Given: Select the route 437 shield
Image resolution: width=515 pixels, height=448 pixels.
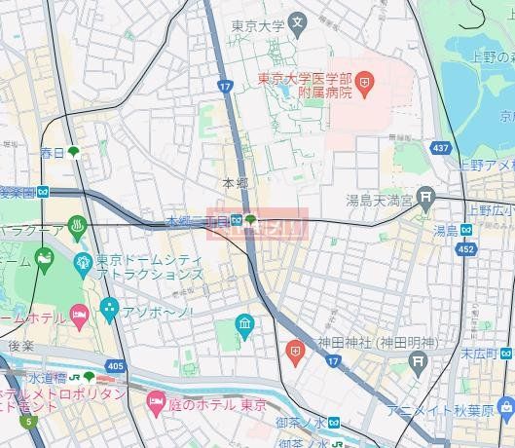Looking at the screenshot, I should click(x=441, y=149).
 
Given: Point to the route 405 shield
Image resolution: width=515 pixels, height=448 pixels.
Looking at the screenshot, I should click(x=116, y=366).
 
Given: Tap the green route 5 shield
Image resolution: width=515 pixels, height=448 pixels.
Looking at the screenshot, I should click(x=29, y=422).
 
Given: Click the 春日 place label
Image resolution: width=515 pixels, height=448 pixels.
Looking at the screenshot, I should click(x=52, y=153).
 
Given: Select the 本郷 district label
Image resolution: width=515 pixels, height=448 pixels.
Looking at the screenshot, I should click(x=236, y=183).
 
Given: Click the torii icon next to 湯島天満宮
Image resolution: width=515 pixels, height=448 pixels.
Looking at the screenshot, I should click(x=425, y=200).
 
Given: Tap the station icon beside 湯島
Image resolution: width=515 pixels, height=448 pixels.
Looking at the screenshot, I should click(x=466, y=230).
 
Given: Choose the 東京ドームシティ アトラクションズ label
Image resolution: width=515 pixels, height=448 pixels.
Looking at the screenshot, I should click(x=149, y=268).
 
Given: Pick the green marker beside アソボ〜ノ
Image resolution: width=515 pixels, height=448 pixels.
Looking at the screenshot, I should click(x=107, y=312).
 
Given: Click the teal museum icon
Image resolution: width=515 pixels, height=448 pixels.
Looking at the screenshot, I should click(x=244, y=322).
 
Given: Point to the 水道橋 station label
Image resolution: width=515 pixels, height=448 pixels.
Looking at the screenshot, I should click(x=45, y=377).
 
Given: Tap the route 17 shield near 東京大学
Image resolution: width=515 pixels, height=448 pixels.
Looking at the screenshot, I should click(x=226, y=87).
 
